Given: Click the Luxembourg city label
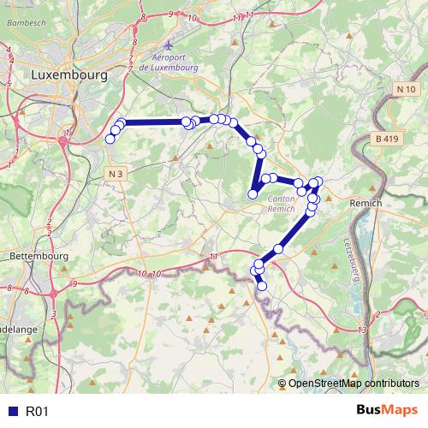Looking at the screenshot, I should (68, 74).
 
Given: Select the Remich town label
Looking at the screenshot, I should (367, 203).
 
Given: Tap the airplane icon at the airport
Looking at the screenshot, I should (169, 43).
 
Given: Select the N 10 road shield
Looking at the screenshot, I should (406, 89).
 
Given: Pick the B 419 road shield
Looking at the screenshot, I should (387, 138).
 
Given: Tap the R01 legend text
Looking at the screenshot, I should (37, 412).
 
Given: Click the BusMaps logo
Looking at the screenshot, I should (387, 411).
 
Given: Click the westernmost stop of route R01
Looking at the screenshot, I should (110, 139).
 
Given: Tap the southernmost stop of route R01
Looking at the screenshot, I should (262, 286).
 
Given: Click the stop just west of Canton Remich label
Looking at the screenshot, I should (253, 194).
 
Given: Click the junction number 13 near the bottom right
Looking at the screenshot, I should (363, 330).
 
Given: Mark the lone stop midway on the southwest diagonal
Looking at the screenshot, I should (278, 248).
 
